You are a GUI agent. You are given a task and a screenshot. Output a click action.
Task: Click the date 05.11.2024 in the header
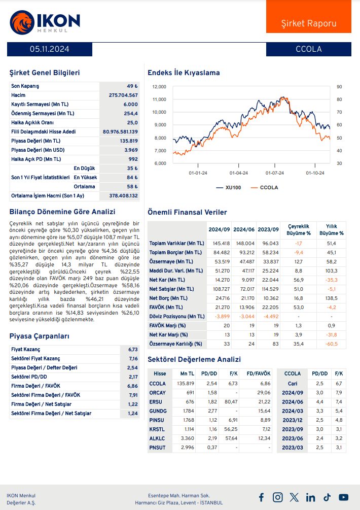[x=50, y=49]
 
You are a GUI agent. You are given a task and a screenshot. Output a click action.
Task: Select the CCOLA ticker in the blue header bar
[x=308, y=49]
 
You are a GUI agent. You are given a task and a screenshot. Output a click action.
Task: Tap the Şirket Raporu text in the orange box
[x=308, y=23]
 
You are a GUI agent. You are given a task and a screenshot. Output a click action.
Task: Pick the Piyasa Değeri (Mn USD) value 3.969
[x=131, y=150]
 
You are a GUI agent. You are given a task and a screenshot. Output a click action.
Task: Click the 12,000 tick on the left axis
[x=159, y=87]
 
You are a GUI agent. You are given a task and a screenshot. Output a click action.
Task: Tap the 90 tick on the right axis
[x=339, y=87]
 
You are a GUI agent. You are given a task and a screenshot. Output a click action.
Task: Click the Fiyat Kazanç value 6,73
[x=133, y=350]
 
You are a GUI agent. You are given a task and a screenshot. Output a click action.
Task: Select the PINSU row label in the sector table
[x=157, y=420]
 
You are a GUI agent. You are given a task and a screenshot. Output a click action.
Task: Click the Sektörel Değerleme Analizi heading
[x=194, y=359]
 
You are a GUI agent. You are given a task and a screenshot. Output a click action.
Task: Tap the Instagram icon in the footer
[x=277, y=497]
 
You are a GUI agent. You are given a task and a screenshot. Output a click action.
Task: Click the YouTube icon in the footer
[x=343, y=497]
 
